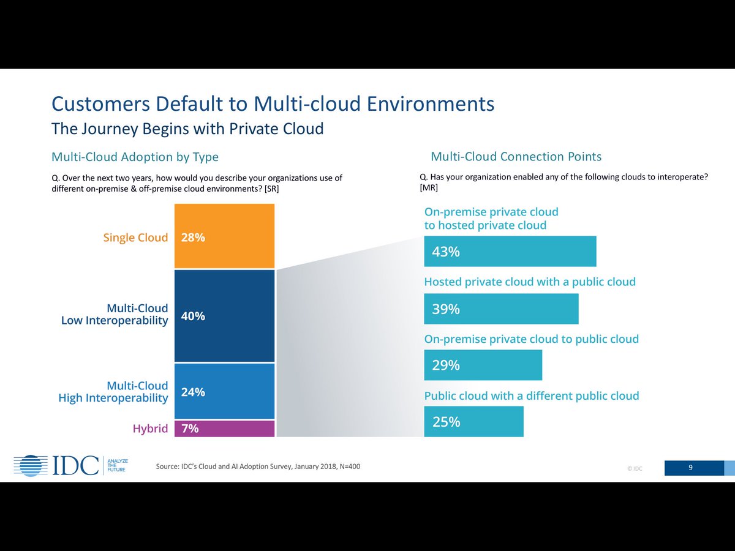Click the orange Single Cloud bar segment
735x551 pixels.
pyautogui.click(x=224, y=236)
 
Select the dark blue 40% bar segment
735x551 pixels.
pyautogui.click(x=224, y=316)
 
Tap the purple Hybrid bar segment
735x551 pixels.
pyautogui.click(x=224, y=429)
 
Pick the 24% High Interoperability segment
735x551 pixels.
pyautogui.click(x=224, y=391)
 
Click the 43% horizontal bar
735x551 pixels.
pyautogui.click(x=510, y=252)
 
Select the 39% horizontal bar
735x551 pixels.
pyautogui.click(x=501, y=309)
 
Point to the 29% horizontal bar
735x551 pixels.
pyautogui.click(x=483, y=365)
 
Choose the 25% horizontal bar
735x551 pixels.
pyautogui.click(x=473, y=422)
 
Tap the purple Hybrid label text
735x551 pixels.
pyautogui.click(x=150, y=429)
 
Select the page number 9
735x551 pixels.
pyautogui.click(x=690, y=468)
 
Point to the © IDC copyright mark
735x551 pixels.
pyautogui.click(x=634, y=469)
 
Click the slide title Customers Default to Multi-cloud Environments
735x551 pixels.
pyautogui.click(x=273, y=103)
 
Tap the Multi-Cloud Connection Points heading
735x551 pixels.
pyautogui.click(x=516, y=156)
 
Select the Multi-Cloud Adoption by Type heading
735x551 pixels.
pyautogui.click(x=135, y=157)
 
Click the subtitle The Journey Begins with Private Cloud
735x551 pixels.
pyautogui.click(x=187, y=129)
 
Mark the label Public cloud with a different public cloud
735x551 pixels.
pyautogui.click(x=531, y=396)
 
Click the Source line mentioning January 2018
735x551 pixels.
pyautogui.click(x=258, y=467)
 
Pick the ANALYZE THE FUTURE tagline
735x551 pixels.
pyautogui.click(x=117, y=465)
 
